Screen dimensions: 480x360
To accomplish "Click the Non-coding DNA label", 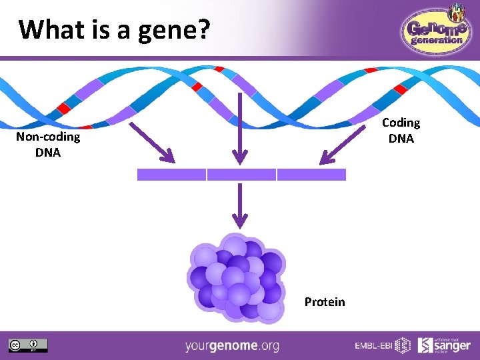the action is point(48,145).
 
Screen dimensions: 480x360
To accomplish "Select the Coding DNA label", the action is point(401,131).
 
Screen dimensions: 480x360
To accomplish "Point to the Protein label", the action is point(325,302).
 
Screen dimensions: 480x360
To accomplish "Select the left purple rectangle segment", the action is point(171,175).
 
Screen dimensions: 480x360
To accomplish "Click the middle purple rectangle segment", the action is point(241,175).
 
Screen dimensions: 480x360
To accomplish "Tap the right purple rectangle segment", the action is point(311,175).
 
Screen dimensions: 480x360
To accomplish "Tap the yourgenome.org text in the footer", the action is point(232,346).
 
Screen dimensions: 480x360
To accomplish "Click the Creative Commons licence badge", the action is point(28,345).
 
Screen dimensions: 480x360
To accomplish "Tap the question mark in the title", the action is point(204,29).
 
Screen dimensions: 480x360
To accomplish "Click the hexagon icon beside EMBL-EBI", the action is point(403,345).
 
